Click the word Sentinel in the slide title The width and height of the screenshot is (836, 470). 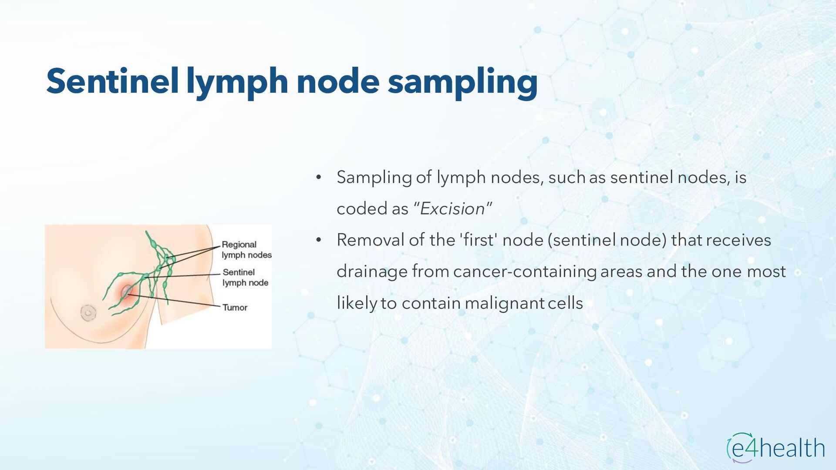tap(112, 81)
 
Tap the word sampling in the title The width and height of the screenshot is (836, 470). tap(462, 81)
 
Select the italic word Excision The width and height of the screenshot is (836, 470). tap(452, 209)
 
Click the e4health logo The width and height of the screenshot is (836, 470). tap(775, 447)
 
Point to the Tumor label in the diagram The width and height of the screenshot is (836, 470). tap(235, 308)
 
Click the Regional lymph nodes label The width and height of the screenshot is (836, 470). tap(246, 250)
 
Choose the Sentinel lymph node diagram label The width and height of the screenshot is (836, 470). tap(245, 277)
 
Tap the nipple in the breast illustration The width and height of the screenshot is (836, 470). tap(88, 312)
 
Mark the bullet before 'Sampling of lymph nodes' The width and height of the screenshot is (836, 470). tap(319, 178)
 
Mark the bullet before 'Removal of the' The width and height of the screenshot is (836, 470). tap(319, 240)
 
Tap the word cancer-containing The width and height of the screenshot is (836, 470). tap(524, 272)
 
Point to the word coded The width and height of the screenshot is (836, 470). tap(361, 209)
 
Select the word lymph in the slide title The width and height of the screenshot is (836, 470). tap(237, 81)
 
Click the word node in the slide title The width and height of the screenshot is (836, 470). tap(338, 81)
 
